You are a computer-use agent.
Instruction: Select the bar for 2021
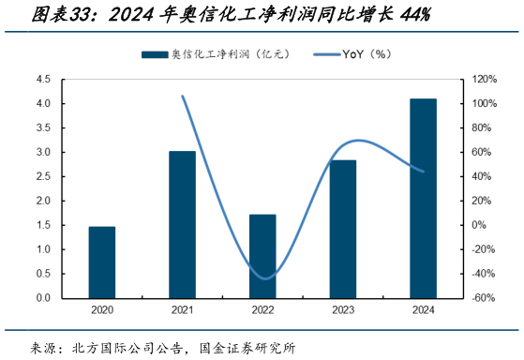click(x=182, y=224)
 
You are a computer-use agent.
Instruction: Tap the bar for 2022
click(x=262, y=256)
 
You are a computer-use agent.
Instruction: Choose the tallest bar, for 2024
click(x=423, y=198)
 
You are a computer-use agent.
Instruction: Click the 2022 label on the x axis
click(x=262, y=309)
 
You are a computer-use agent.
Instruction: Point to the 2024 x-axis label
click(x=423, y=309)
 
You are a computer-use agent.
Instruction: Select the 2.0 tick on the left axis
click(x=43, y=201)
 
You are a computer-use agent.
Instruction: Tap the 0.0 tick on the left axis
click(x=43, y=298)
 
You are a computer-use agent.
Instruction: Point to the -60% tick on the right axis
click(x=484, y=298)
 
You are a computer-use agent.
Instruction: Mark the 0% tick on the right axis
click(x=479, y=225)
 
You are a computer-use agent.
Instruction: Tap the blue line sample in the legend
click(x=322, y=54)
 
